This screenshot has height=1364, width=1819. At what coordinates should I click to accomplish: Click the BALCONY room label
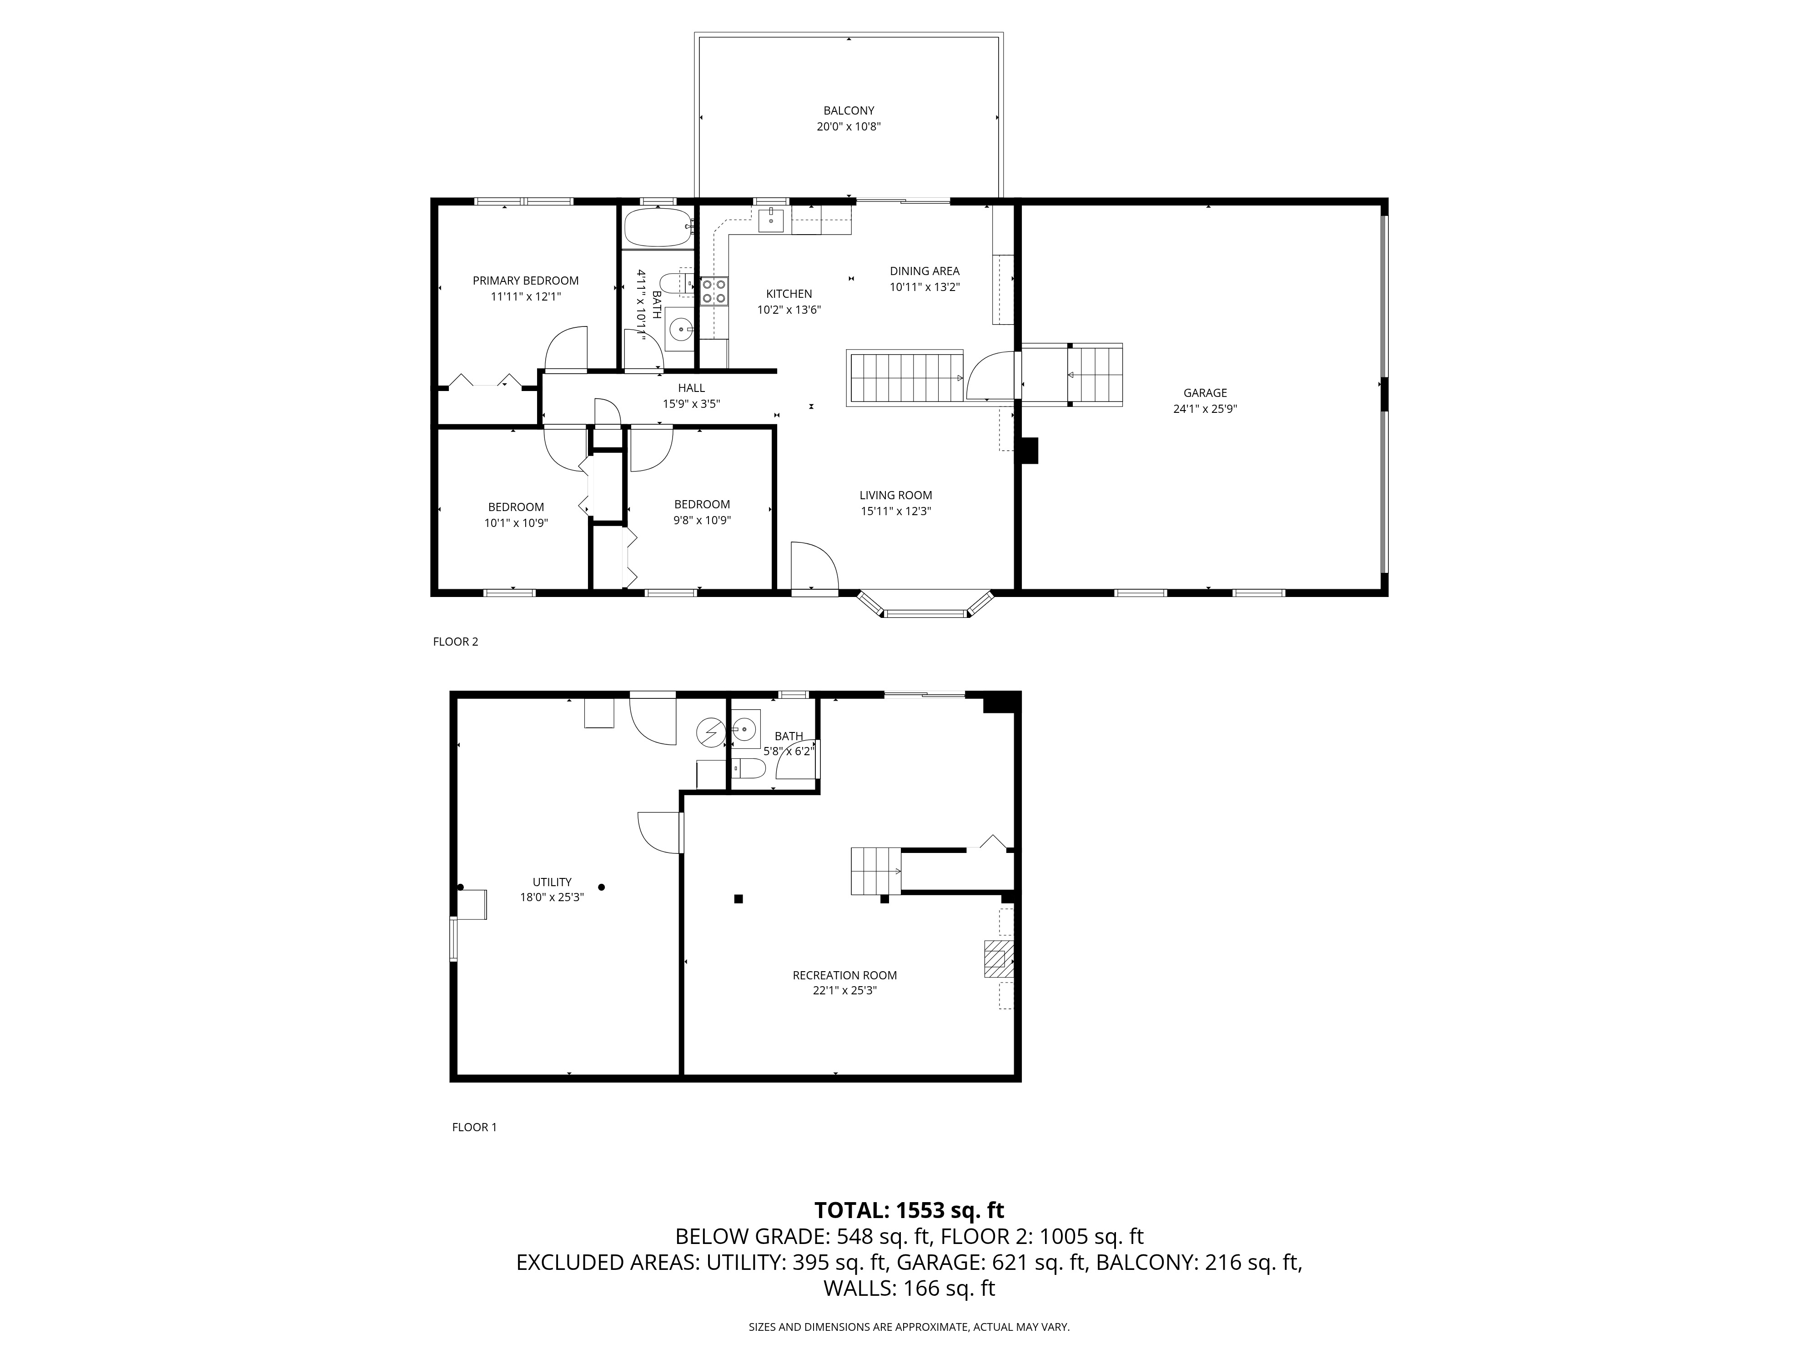(849, 110)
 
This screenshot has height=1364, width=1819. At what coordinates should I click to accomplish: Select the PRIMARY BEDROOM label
(526, 281)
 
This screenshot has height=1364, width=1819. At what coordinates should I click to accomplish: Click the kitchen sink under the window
(770, 220)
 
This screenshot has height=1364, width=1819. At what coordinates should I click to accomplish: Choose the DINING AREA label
(925, 271)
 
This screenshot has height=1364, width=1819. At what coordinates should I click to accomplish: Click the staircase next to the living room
(904, 377)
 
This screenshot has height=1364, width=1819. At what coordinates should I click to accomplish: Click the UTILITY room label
(552, 882)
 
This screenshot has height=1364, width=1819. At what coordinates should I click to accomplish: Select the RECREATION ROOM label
(844, 975)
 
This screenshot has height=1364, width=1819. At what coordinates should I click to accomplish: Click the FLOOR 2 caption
(456, 641)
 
